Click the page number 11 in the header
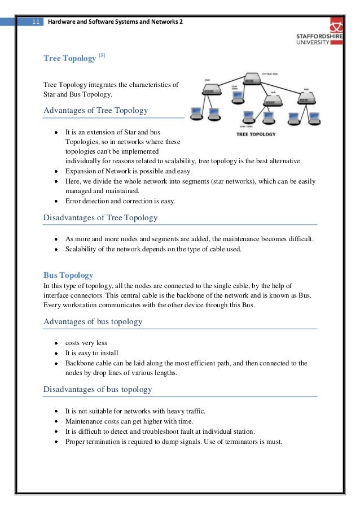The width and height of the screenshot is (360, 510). coord(35,22)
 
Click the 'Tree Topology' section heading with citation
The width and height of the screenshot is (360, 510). coord(69,59)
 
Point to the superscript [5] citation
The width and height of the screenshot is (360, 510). coord(102,55)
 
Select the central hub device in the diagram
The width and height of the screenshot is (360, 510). coord(252,80)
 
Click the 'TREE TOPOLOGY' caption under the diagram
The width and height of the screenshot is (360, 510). coord(255,134)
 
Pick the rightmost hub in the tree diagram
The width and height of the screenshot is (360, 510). coord(306,98)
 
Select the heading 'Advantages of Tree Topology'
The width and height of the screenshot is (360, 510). coord(95,111)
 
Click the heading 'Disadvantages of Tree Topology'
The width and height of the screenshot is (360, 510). coord(100,217)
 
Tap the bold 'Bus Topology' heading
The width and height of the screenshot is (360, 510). coord(68,275)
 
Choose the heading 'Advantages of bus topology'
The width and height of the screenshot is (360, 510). coord(93,321)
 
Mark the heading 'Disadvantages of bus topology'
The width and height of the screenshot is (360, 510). coord(98,389)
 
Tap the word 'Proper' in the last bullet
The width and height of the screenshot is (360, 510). coord(76,441)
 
